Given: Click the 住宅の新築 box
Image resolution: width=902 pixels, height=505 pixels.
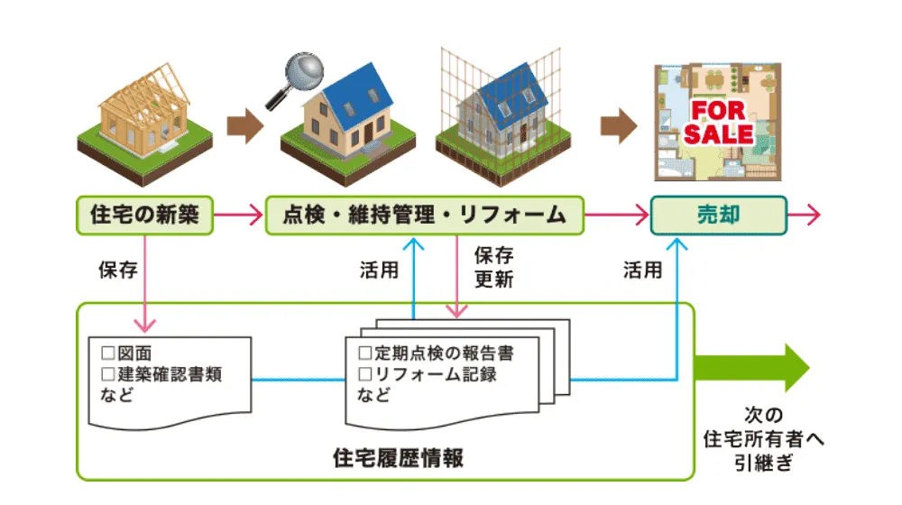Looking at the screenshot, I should click(144, 216).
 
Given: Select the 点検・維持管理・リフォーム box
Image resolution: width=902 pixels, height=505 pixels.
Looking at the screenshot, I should click(424, 216).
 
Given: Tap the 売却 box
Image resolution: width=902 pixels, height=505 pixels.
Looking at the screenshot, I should click(718, 216).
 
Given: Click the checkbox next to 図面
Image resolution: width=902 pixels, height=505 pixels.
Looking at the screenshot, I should click(107, 353).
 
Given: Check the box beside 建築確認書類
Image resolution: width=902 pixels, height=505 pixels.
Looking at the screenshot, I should click(107, 373).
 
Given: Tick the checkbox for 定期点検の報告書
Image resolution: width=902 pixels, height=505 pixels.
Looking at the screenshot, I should click(365, 352).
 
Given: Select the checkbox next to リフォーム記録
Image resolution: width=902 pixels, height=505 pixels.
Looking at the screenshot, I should click(365, 373).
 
